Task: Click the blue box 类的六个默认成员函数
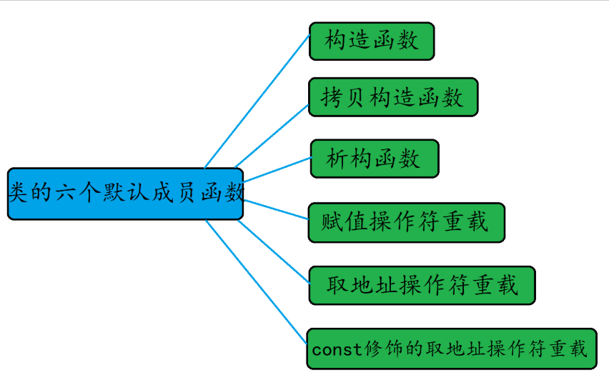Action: click(125, 194)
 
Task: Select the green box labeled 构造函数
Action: click(372, 41)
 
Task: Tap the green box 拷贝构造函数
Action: click(392, 97)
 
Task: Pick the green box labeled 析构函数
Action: click(374, 159)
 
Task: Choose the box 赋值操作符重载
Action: click(406, 222)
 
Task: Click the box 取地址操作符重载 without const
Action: click(422, 285)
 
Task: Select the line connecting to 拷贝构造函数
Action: click(272, 136)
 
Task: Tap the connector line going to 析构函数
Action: click(277, 170)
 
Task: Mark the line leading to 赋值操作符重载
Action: click(276, 209)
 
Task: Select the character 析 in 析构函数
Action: click(337, 159)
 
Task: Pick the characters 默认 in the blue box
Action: click(125, 192)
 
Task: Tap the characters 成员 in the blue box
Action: click(172, 192)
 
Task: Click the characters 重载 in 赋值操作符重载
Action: click(465, 222)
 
